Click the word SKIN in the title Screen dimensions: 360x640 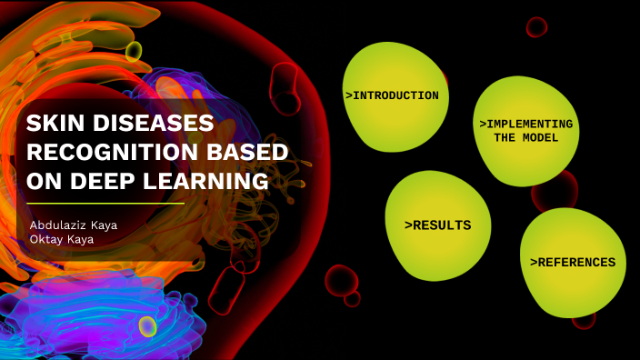pyautogui.click(x=54, y=125)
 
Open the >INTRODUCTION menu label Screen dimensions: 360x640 pyautogui.click(x=392, y=95)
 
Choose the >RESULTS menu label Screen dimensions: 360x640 pyautogui.click(x=437, y=225)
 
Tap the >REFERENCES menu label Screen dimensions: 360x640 pyautogui.click(x=572, y=263)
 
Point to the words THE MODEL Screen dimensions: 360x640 pyautogui.click(x=526, y=138)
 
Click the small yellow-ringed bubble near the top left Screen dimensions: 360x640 pyautogui.click(x=135, y=50)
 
